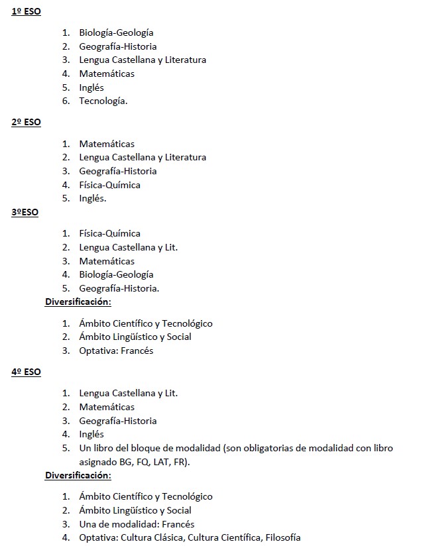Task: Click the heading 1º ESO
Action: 26,11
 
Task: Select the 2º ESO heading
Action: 26,123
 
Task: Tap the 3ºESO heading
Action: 25,212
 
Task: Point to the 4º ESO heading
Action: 26,372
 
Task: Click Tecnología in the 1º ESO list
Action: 103,101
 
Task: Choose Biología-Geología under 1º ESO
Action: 116,32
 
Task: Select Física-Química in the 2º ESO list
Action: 109,185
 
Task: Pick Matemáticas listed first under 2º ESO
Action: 107,144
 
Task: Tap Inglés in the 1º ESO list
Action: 92,87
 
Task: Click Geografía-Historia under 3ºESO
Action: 119,288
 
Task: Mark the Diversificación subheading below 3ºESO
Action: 78,302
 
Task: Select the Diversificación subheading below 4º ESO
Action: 78,475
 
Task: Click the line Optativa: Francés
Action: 116,351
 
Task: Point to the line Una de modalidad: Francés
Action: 137,524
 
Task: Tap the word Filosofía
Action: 283,537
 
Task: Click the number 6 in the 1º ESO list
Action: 66,101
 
